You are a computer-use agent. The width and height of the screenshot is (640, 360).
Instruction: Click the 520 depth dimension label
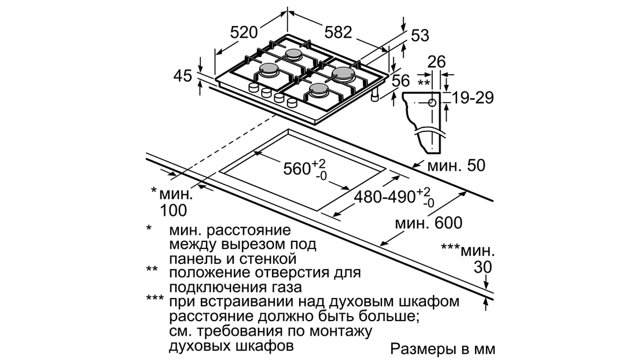(x=243, y=33)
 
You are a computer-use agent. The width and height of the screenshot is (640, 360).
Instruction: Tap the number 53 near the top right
(x=420, y=35)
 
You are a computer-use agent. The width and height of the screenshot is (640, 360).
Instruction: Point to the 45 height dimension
(x=184, y=75)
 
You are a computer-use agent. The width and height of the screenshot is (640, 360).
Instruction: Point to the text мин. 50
(x=456, y=167)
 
